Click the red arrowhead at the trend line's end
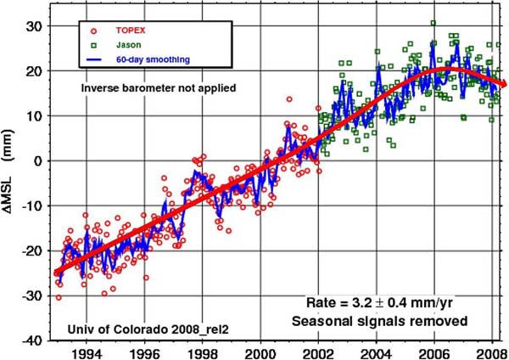coord(502,83)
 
